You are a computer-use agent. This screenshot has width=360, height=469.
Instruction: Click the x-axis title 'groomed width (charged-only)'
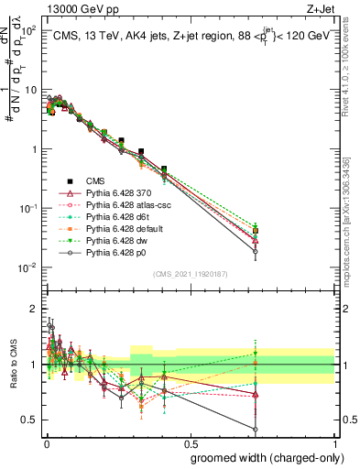(x=262, y=456)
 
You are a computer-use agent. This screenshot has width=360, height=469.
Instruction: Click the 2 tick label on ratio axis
(x=33, y=309)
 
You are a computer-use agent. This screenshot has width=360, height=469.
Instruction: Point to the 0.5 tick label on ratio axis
(x=29, y=420)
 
